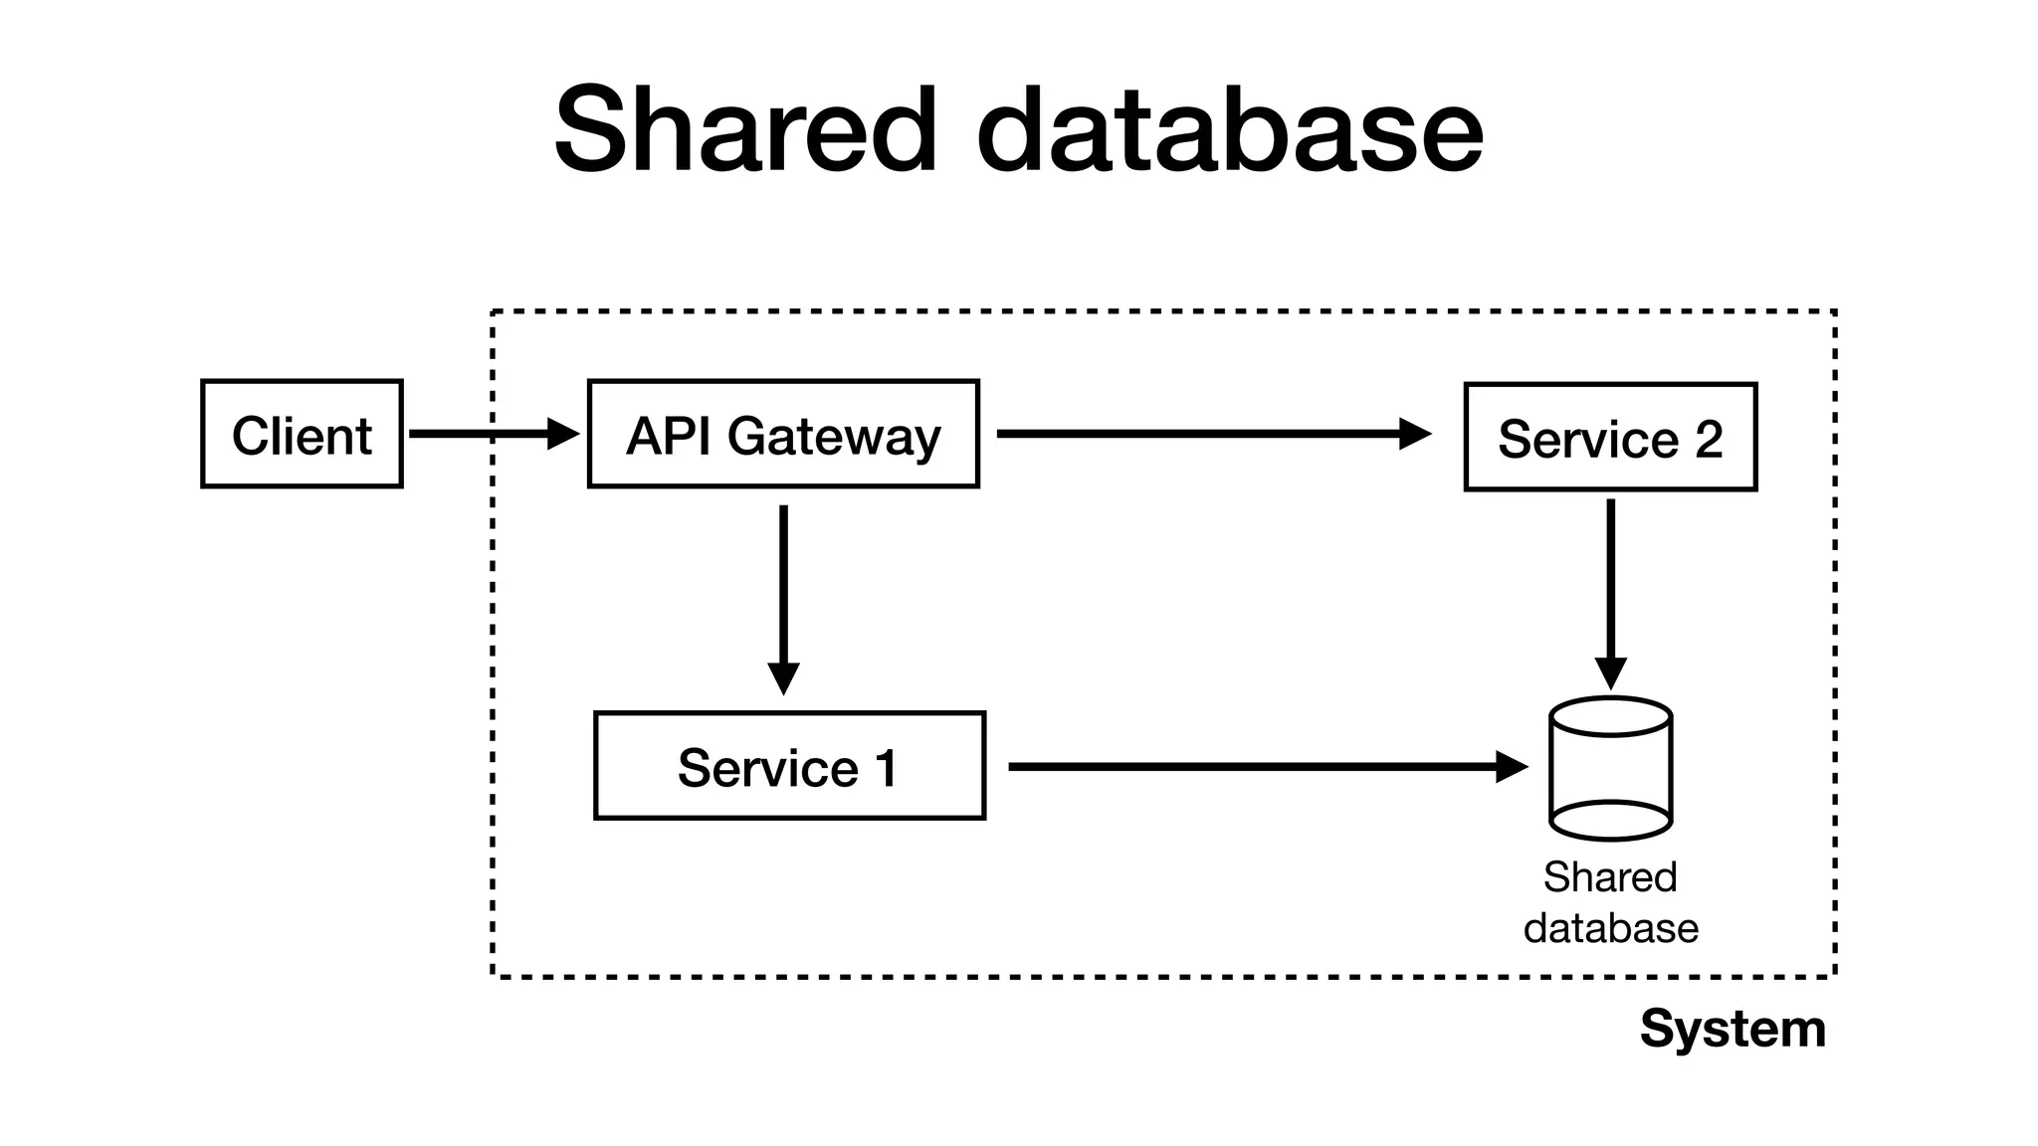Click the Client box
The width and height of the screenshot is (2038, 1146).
302,434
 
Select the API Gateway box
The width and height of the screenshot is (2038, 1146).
783,434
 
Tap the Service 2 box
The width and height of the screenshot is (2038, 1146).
1610,437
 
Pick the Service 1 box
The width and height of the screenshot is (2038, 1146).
789,766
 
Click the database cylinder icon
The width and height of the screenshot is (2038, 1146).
1610,768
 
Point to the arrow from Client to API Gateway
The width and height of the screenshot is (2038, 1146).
488,434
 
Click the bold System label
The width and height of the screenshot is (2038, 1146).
1732,1029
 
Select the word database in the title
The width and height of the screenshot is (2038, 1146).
1230,130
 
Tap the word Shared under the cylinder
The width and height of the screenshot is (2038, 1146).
1610,877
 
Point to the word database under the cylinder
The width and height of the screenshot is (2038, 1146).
1610,928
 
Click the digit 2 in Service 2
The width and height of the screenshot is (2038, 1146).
1709,438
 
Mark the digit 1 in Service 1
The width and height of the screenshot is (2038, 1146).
885,767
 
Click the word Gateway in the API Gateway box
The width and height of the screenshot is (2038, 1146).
834,436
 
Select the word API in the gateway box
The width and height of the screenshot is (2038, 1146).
670,435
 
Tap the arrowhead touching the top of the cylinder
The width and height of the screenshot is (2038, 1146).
1610,673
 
